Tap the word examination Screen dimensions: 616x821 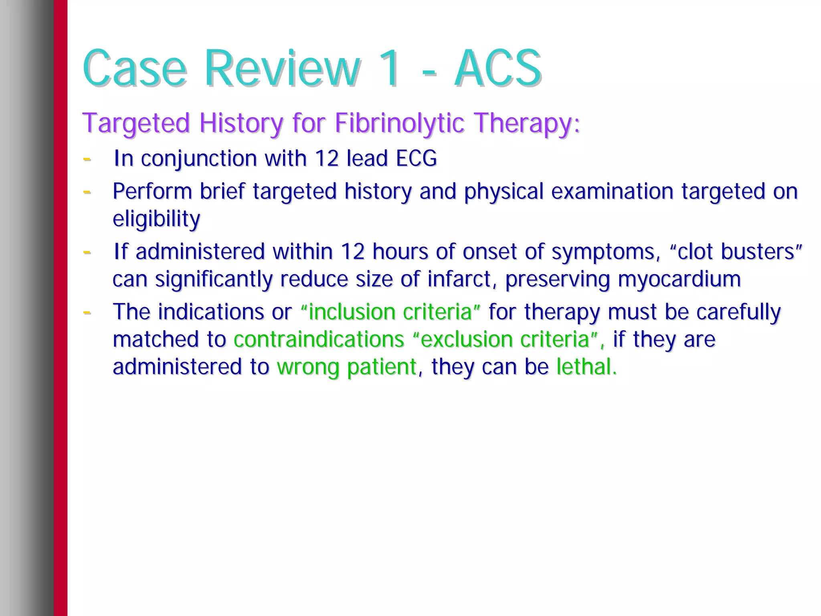612,192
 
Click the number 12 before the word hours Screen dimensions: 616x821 352,252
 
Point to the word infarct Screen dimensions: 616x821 459,279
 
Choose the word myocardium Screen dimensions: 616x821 679,280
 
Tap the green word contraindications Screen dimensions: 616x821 319,339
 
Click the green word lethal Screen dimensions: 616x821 586,367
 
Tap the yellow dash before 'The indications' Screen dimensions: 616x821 87,312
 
